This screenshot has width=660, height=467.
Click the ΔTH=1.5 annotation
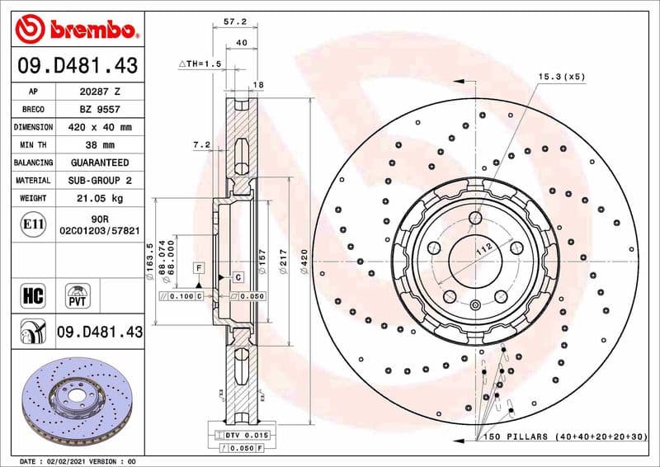[x=200, y=64]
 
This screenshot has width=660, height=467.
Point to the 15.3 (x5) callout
[x=562, y=77]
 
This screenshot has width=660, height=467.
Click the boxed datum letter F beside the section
[x=199, y=268]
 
